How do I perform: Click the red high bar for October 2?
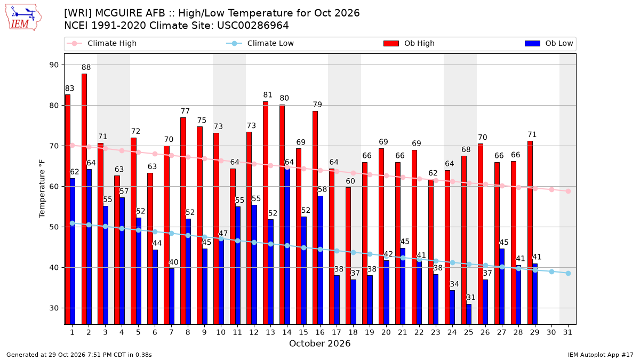pos(84,199)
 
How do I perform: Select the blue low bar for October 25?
pos(469,314)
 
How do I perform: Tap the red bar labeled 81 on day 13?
pos(266,213)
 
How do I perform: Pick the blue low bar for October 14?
pos(287,246)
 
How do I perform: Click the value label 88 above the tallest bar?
pos(86,67)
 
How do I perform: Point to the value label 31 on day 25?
pos(471,298)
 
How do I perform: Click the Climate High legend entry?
pos(102,43)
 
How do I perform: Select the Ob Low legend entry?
pos(549,43)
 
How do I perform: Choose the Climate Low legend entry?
pos(260,43)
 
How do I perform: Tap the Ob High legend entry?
pos(409,43)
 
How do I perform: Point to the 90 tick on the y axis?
pos(54,65)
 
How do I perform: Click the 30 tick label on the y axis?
pos(54,308)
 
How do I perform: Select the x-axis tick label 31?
pos(567,332)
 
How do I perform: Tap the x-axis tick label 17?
pos(337,332)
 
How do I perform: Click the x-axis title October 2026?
pos(319,343)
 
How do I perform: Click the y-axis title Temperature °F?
pos(42,189)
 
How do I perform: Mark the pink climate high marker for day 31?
pos(568,191)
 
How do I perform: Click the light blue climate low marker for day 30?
pos(551,271)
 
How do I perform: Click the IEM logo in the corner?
pos(23,17)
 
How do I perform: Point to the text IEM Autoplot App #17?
pos(601,355)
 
